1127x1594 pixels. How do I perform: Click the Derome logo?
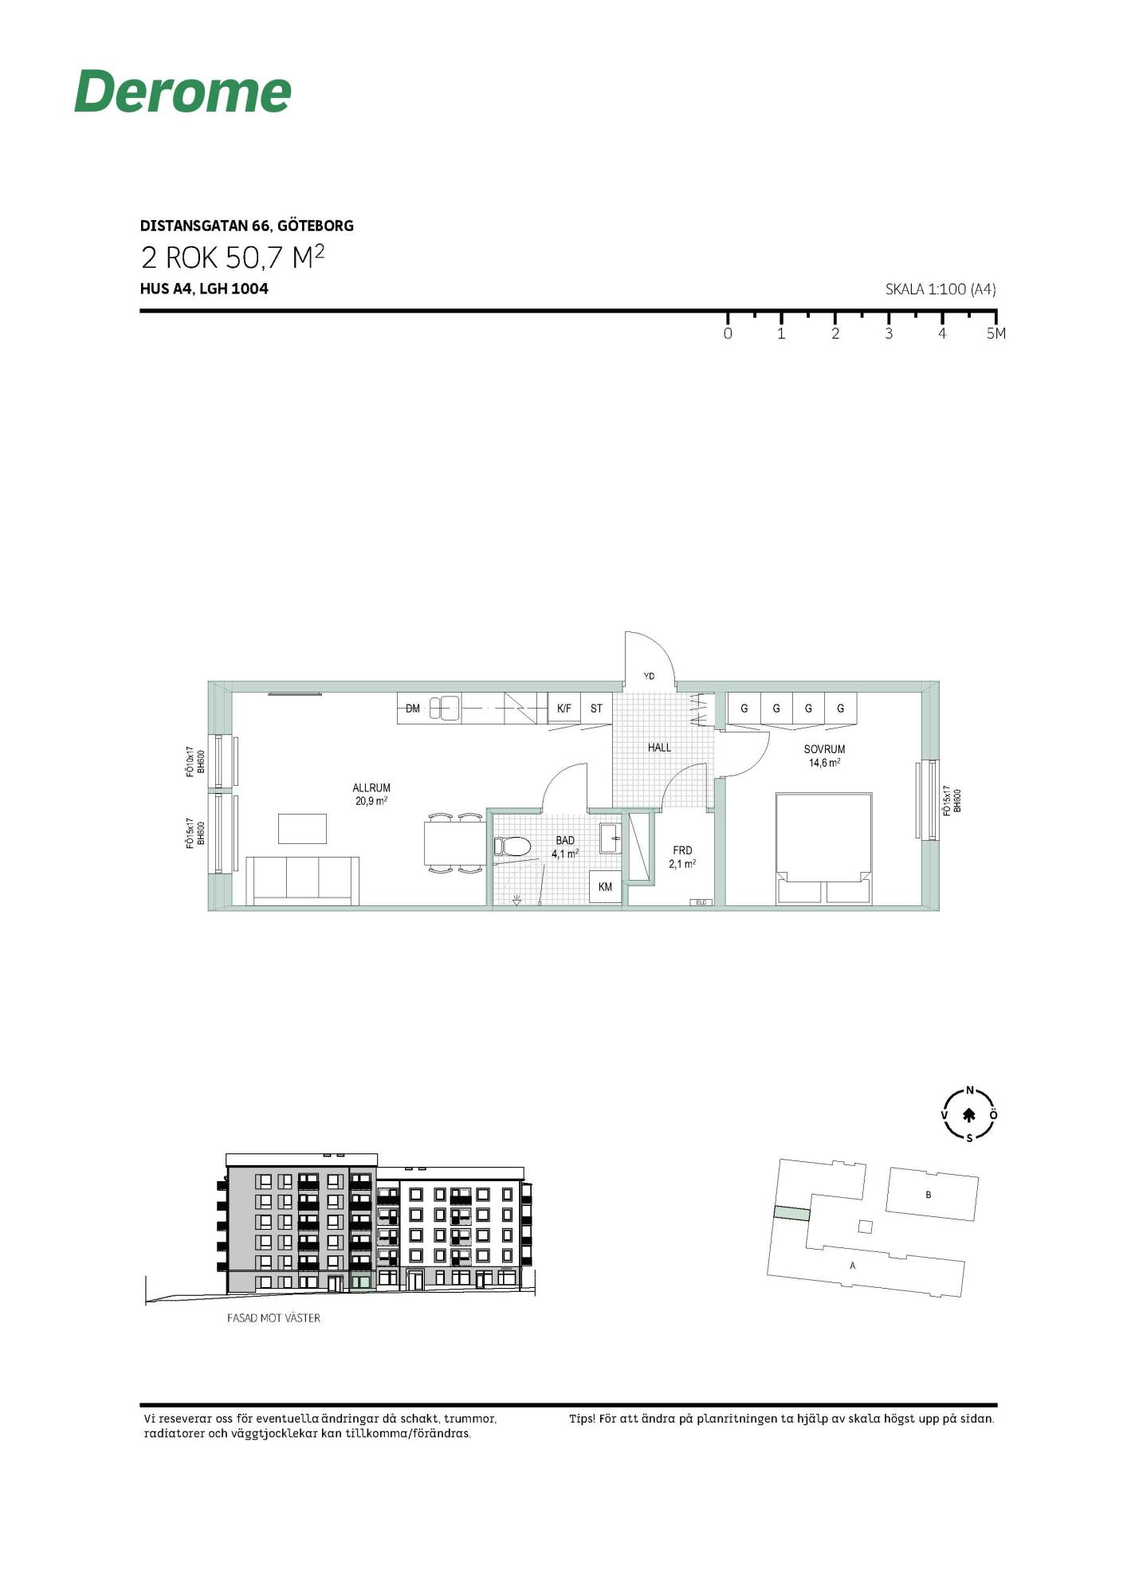pyautogui.click(x=183, y=92)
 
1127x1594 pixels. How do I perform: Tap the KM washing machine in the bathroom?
pyautogui.click(x=606, y=887)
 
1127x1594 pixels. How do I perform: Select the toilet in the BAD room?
pyautogui.click(x=512, y=846)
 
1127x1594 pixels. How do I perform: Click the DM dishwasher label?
pyautogui.click(x=413, y=709)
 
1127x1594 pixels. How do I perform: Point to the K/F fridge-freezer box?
pyautogui.click(x=564, y=708)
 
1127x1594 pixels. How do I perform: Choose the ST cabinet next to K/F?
pyautogui.click(x=596, y=708)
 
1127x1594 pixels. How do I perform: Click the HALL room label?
pyautogui.click(x=659, y=748)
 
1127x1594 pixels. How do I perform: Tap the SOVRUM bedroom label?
pyautogui.click(x=824, y=749)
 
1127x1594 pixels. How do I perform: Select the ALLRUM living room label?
pyautogui.click(x=371, y=788)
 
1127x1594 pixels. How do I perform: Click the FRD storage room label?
pyautogui.click(x=682, y=850)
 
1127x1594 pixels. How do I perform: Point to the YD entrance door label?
pyautogui.click(x=649, y=677)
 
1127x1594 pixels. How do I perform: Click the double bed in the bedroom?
pyautogui.click(x=824, y=849)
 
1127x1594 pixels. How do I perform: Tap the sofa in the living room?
pyautogui.click(x=302, y=881)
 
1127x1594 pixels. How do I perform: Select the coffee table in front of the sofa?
pyautogui.click(x=302, y=829)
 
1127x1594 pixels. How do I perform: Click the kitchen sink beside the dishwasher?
pyautogui.click(x=445, y=708)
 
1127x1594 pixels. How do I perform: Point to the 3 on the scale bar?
pyautogui.click(x=889, y=334)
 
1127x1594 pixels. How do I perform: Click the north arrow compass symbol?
pyautogui.click(x=970, y=1115)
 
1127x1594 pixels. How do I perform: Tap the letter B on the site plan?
pyautogui.click(x=929, y=1195)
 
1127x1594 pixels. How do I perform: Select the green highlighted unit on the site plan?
pyautogui.click(x=791, y=1213)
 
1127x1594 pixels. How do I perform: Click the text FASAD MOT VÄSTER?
pyautogui.click(x=273, y=1318)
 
